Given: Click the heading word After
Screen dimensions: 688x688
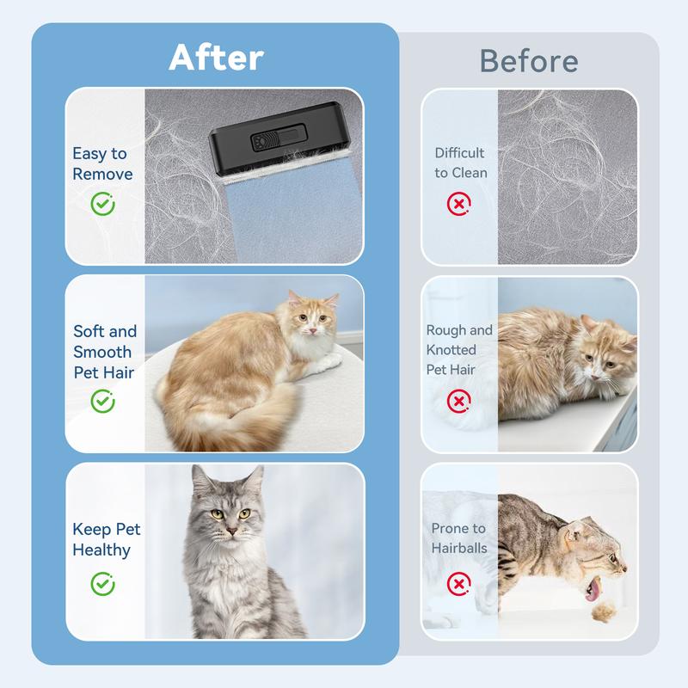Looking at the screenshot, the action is point(217,58).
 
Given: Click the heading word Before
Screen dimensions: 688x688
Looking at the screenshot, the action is point(529,61).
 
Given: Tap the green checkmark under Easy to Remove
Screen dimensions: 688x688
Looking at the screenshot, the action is point(102,204).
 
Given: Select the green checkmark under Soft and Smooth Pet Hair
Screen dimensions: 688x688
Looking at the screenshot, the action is point(102,401).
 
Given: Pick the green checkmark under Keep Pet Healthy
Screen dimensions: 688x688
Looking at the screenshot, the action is point(102,584).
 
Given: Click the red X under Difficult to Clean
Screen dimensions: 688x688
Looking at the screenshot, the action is point(459,204).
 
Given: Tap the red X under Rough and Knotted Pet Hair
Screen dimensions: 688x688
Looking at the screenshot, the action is point(459,401).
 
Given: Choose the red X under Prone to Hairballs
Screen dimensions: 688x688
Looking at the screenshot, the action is point(459,584).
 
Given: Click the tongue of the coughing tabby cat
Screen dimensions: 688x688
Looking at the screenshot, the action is point(593,589).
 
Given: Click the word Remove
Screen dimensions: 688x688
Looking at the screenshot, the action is point(102,175).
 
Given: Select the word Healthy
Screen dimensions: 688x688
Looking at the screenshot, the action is point(101,550).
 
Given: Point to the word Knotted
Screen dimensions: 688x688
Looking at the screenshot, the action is point(451,350).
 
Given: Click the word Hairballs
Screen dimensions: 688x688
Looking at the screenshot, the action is point(459,548).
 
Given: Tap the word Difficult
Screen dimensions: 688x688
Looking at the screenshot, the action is point(459,153).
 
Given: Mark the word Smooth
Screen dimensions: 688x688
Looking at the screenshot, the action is point(102,352).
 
